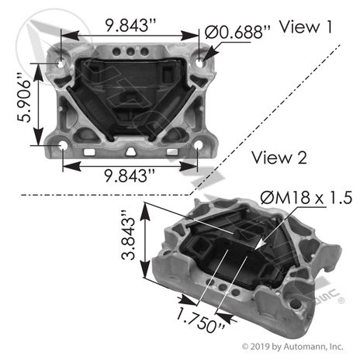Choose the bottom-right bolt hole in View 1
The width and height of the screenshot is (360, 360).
pyautogui.click(x=199, y=145)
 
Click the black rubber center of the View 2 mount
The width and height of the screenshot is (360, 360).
pyautogui.click(x=233, y=256)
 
